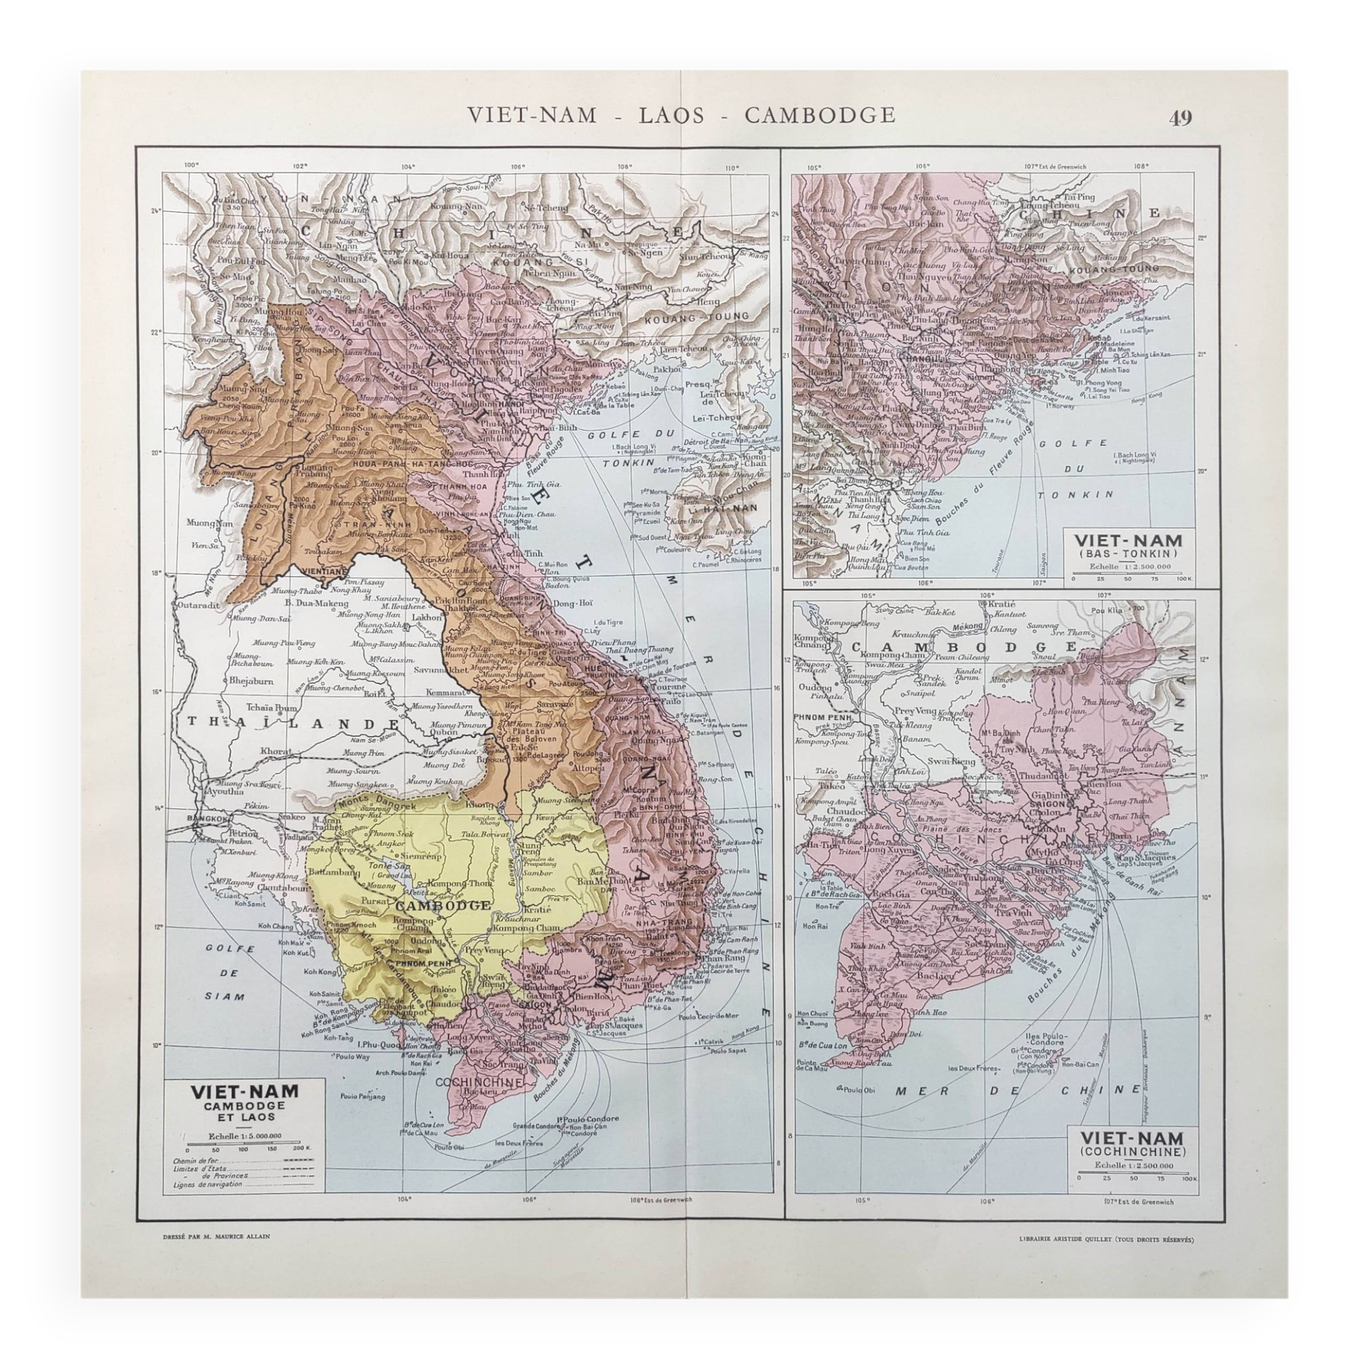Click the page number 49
point(1181,117)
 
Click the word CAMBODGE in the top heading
point(820,115)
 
